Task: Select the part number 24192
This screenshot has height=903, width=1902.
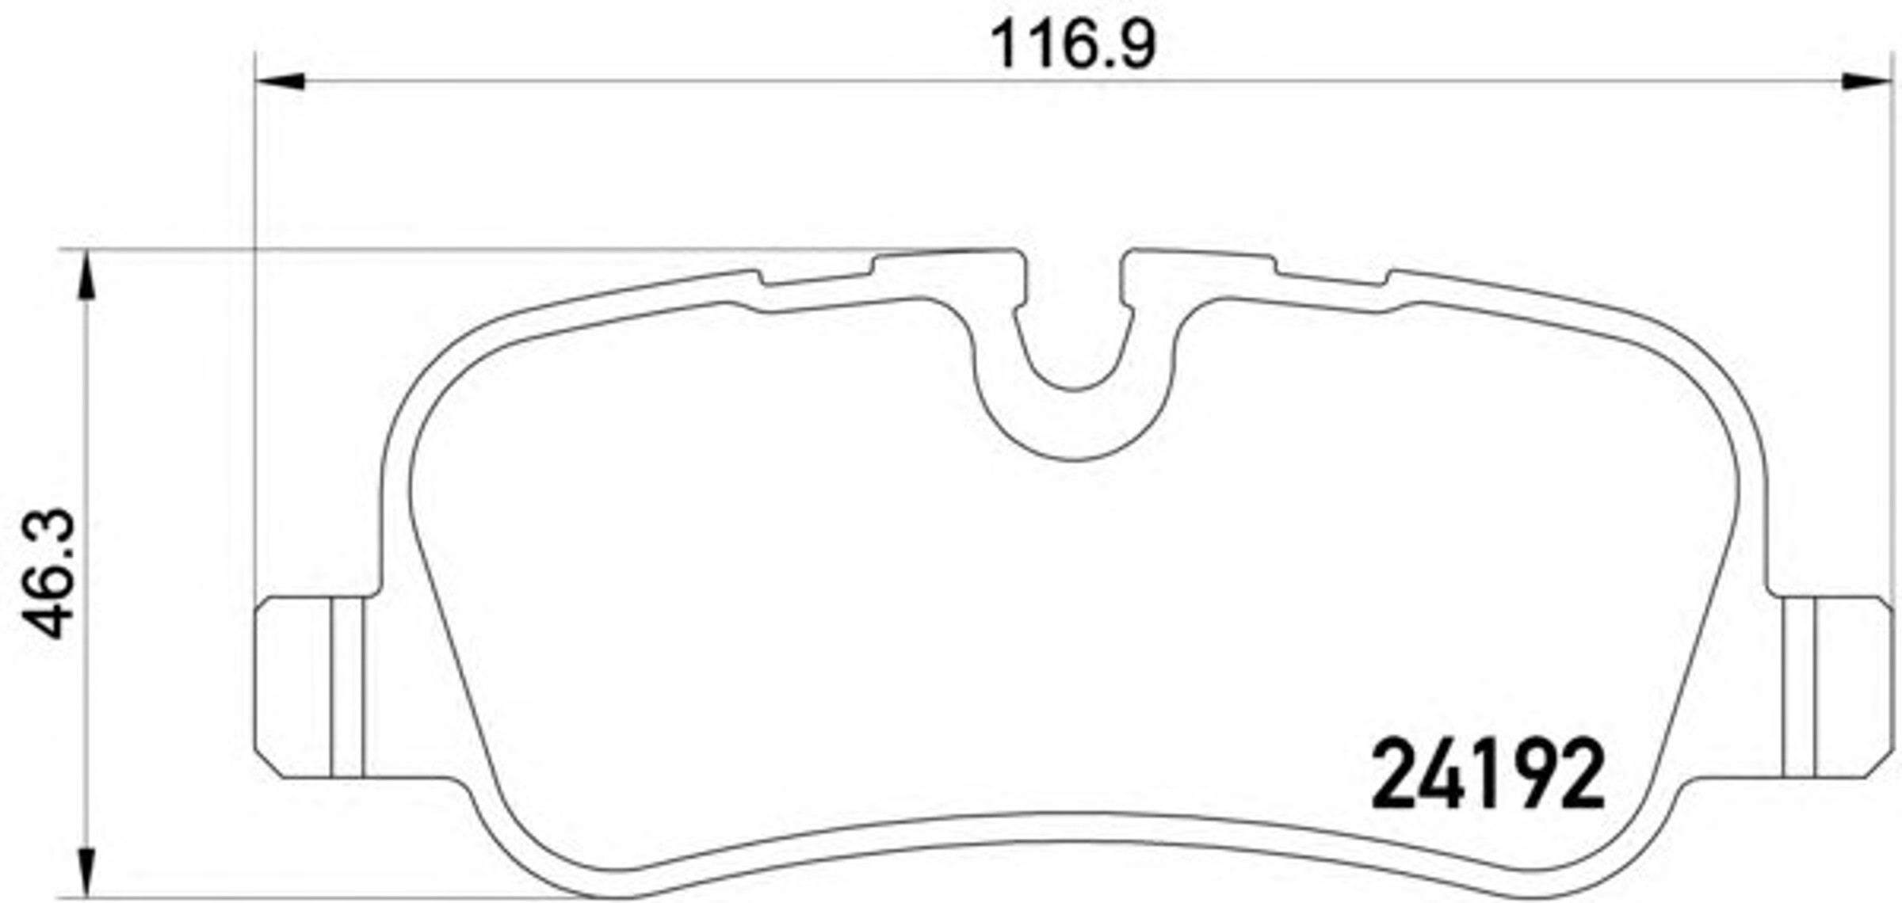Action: [x=1488, y=775]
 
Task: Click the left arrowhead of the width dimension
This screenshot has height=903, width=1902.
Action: [x=280, y=81]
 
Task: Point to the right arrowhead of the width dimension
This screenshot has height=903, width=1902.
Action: [x=1866, y=81]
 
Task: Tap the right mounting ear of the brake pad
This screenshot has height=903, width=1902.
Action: [x=1831, y=688]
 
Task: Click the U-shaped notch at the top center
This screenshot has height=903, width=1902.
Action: [x=1074, y=388]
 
